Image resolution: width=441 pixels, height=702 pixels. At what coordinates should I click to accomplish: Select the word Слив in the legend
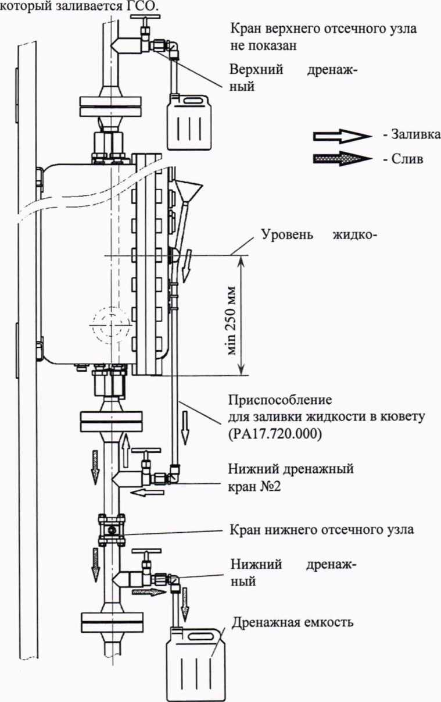pos(406,159)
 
